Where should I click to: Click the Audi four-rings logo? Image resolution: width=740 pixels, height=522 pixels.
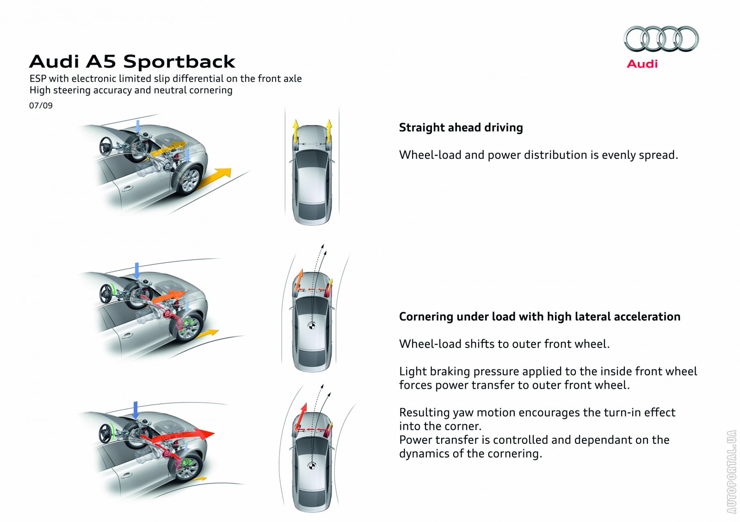[661, 39]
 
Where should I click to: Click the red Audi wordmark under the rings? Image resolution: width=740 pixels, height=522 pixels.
[642, 64]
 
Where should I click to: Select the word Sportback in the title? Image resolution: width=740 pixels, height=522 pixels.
[179, 62]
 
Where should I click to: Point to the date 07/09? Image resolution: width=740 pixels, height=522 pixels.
[41, 106]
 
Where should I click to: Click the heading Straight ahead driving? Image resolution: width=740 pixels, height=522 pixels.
[461, 128]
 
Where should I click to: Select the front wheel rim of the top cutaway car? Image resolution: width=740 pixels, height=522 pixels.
[190, 180]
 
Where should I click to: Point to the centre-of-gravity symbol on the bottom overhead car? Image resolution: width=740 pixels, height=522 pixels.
[312, 466]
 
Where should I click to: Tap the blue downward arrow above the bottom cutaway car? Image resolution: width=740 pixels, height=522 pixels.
[136, 410]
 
